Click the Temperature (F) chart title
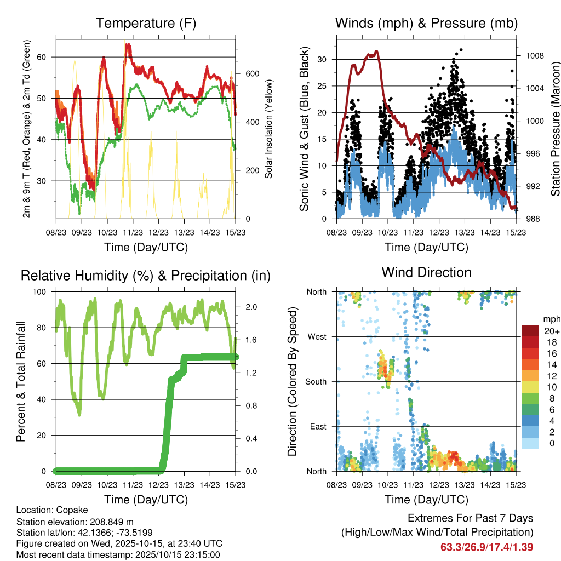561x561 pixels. [146, 23]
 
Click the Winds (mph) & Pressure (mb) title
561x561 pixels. [426, 23]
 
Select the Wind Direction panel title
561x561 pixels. [426, 272]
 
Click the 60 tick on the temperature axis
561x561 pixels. [47, 57]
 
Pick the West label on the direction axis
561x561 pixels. [317, 336]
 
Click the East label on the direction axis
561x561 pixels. [318, 426]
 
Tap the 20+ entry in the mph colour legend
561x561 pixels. [551, 330]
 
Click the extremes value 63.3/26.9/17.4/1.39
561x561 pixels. [486, 547]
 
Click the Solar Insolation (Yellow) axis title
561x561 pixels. [269, 129]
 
